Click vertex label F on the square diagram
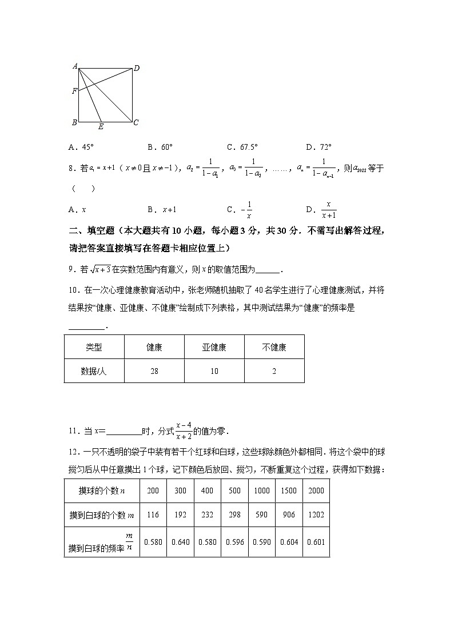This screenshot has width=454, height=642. point(74,91)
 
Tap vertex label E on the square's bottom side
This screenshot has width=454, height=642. point(101,127)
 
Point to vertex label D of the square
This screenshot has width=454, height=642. point(137,69)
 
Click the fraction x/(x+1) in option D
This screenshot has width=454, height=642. point(329,210)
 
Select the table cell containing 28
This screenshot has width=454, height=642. point(154,371)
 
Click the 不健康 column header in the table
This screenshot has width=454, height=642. point(274,347)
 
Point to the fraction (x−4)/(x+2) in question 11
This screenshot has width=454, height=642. point(184,430)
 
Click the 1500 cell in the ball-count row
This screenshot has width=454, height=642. point(289,491)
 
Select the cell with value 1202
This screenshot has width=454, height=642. point(316,515)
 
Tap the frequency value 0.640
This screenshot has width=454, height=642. point(180,542)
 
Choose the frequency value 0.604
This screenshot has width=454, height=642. point(289,542)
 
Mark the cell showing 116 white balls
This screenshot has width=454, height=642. point(153,515)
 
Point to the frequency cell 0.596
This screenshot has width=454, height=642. point(234,542)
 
